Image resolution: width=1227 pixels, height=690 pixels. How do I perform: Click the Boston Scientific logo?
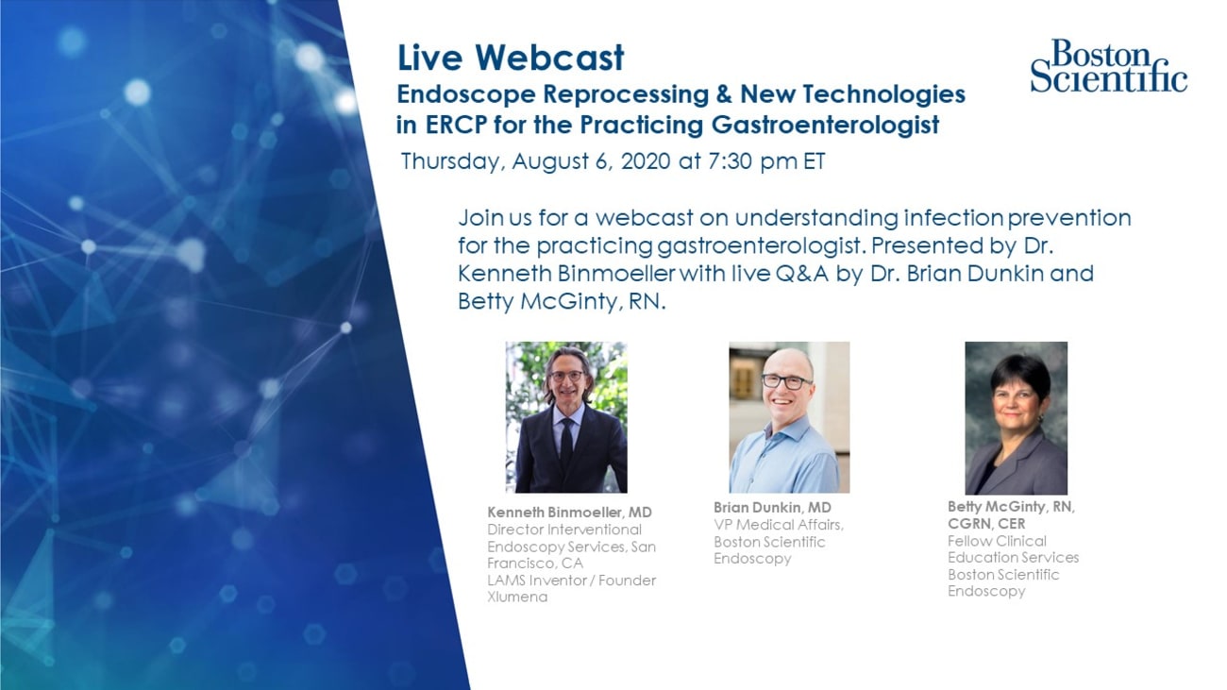point(1109,66)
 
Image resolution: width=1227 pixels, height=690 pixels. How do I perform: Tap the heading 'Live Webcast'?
point(511,58)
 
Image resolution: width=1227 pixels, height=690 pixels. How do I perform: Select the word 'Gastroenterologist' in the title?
point(826,126)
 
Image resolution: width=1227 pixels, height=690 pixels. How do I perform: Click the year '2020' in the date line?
point(646,161)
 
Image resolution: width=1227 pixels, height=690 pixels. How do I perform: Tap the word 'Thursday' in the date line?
point(453,161)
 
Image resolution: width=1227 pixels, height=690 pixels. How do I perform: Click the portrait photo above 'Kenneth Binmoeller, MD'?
point(566,417)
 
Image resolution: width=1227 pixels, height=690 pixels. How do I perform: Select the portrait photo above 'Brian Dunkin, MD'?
point(789,417)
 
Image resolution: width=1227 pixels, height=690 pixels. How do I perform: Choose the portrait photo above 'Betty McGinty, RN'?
point(1017,418)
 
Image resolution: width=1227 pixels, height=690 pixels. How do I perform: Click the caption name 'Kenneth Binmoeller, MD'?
point(570,513)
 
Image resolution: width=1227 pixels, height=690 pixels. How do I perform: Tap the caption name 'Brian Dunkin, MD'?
point(772,508)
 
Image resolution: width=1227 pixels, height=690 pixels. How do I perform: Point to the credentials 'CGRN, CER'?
point(986,524)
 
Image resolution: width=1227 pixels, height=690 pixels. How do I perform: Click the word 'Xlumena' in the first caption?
point(517,597)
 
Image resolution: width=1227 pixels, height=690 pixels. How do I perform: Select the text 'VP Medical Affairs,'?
point(779,525)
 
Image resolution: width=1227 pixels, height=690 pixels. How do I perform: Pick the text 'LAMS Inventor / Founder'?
point(571,580)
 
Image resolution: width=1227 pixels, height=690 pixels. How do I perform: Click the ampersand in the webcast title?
point(725,94)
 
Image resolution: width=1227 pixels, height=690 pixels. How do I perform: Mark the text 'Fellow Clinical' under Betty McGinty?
point(997,541)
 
